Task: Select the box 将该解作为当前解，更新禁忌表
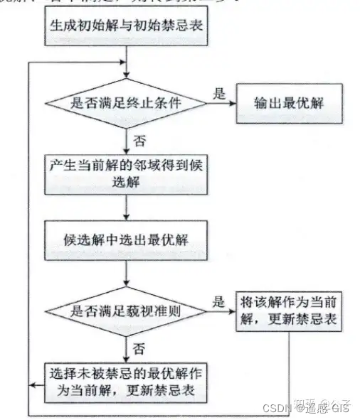[288, 311]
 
